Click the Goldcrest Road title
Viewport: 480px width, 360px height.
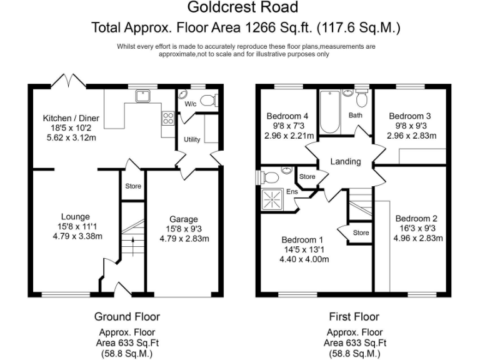(x=243, y=7)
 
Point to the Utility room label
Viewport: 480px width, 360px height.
(x=192, y=139)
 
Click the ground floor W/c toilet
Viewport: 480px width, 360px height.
(x=209, y=100)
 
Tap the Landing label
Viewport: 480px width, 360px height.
(x=346, y=161)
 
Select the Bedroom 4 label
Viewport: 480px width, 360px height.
(x=287, y=116)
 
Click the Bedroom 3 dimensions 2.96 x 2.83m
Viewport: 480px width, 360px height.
(x=409, y=136)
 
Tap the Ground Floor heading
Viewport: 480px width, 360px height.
(x=127, y=317)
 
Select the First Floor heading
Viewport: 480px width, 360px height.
(x=354, y=317)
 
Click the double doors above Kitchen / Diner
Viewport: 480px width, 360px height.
(x=67, y=81)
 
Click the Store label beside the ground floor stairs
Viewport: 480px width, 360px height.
(x=132, y=186)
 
